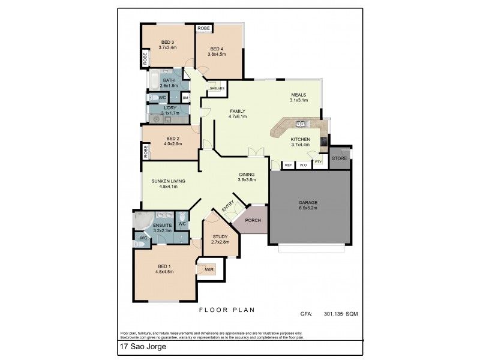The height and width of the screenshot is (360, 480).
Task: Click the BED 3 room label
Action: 167,41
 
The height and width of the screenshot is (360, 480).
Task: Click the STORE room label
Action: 340,158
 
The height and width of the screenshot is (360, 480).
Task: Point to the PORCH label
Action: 253,220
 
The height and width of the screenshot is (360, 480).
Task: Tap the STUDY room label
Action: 220,236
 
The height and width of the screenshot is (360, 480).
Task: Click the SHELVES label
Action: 217,88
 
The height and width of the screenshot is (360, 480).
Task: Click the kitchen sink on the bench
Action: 302,125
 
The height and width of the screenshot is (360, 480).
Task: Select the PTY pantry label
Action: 318,161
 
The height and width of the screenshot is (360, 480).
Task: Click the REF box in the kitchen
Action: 288,165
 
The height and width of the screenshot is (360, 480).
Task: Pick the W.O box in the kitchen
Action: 304,165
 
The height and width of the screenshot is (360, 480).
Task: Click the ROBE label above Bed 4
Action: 204,28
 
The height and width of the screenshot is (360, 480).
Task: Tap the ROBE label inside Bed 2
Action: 146,152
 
